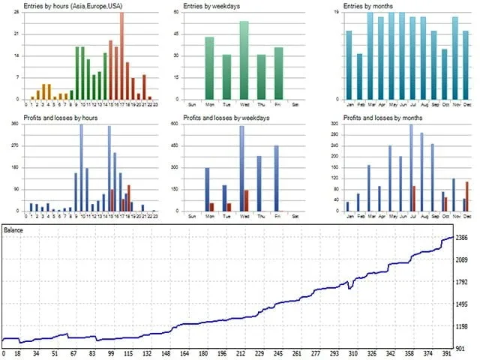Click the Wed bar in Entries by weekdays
pyautogui.click(x=244, y=60)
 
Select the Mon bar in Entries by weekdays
pyautogui.click(x=209, y=68)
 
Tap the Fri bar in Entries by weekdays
pyautogui.click(x=278, y=73)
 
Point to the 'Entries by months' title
pyautogui.click(x=367, y=7)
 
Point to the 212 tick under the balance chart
pyautogui.click(x=241, y=354)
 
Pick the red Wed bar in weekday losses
pyautogui.click(x=246, y=200)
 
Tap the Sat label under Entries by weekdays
pyautogui.click(x=295, y=104)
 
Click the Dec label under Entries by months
pyautogui.click(x=465, y=104)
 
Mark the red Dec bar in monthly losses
pyautogui.click(x=467, y=196)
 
